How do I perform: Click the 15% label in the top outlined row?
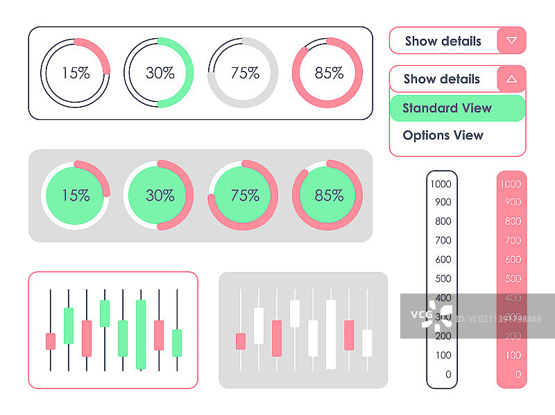tap(76, 73)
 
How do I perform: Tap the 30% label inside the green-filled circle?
tap(160, 196)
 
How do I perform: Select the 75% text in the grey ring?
tap(244, 73)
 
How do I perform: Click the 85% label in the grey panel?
tap(329, 196)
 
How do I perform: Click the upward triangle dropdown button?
tap(512, 79)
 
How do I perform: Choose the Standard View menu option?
tap(447, 108)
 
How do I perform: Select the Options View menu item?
tap(443, 135)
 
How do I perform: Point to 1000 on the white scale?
tap(441, 184)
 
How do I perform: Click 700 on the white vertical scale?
tap(443, 241)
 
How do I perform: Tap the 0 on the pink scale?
tap(518, 374)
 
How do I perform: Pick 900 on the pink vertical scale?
tap(512, 203)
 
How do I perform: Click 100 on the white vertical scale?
tap(443, 355)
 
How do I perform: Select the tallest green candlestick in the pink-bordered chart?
tap(141, 334)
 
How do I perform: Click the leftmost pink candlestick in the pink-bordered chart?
tap(50, 341)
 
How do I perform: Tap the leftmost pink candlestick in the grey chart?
tap(240, 341)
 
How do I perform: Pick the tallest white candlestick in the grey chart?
tap(331, 334)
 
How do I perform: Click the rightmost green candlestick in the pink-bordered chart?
tap(177, 342)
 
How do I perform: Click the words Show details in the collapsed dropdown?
tap(443, 41)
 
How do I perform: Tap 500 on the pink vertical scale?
tap(512, 279)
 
